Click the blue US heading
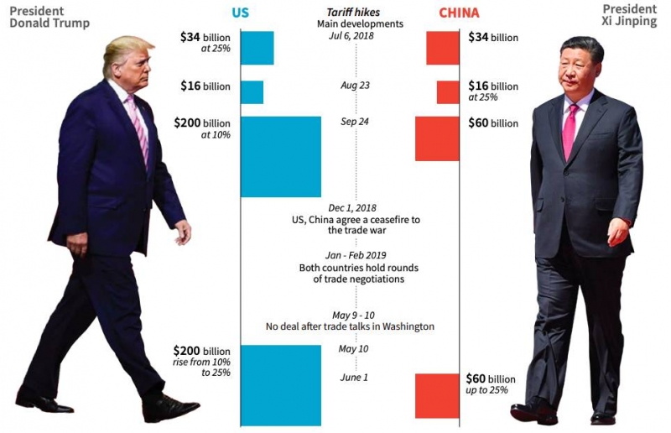point(241,13)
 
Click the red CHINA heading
point(460,13)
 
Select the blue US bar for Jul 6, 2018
point(257,48)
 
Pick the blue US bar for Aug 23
point(252,91)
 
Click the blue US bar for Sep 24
point(281,156)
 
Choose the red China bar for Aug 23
point(448,91)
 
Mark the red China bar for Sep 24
point(437,138)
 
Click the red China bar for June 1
point(437,395)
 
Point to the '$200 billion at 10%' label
point(201,128)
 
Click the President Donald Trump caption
point(48,16)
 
